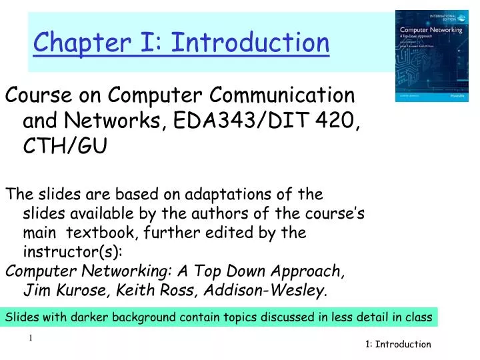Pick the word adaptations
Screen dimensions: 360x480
pyautogui.click(x=225, y=195)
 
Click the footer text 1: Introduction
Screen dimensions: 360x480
pyautogui.click(x=398, y=345)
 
